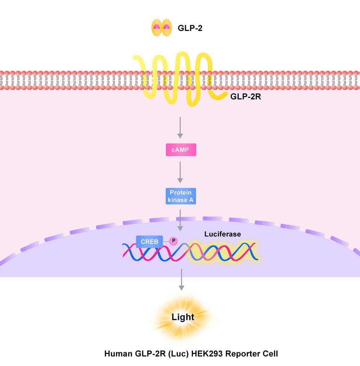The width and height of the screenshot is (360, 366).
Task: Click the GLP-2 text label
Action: [x=190, y=28]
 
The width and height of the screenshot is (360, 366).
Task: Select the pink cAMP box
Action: [x=181, y=150]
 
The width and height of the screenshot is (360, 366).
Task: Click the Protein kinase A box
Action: [x=181, y=196]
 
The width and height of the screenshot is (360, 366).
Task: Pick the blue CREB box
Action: [x=149, y=242]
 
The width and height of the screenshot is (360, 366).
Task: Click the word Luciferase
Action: [x=222, y=234]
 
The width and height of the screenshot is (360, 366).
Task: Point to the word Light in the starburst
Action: [x=183, y=317]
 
